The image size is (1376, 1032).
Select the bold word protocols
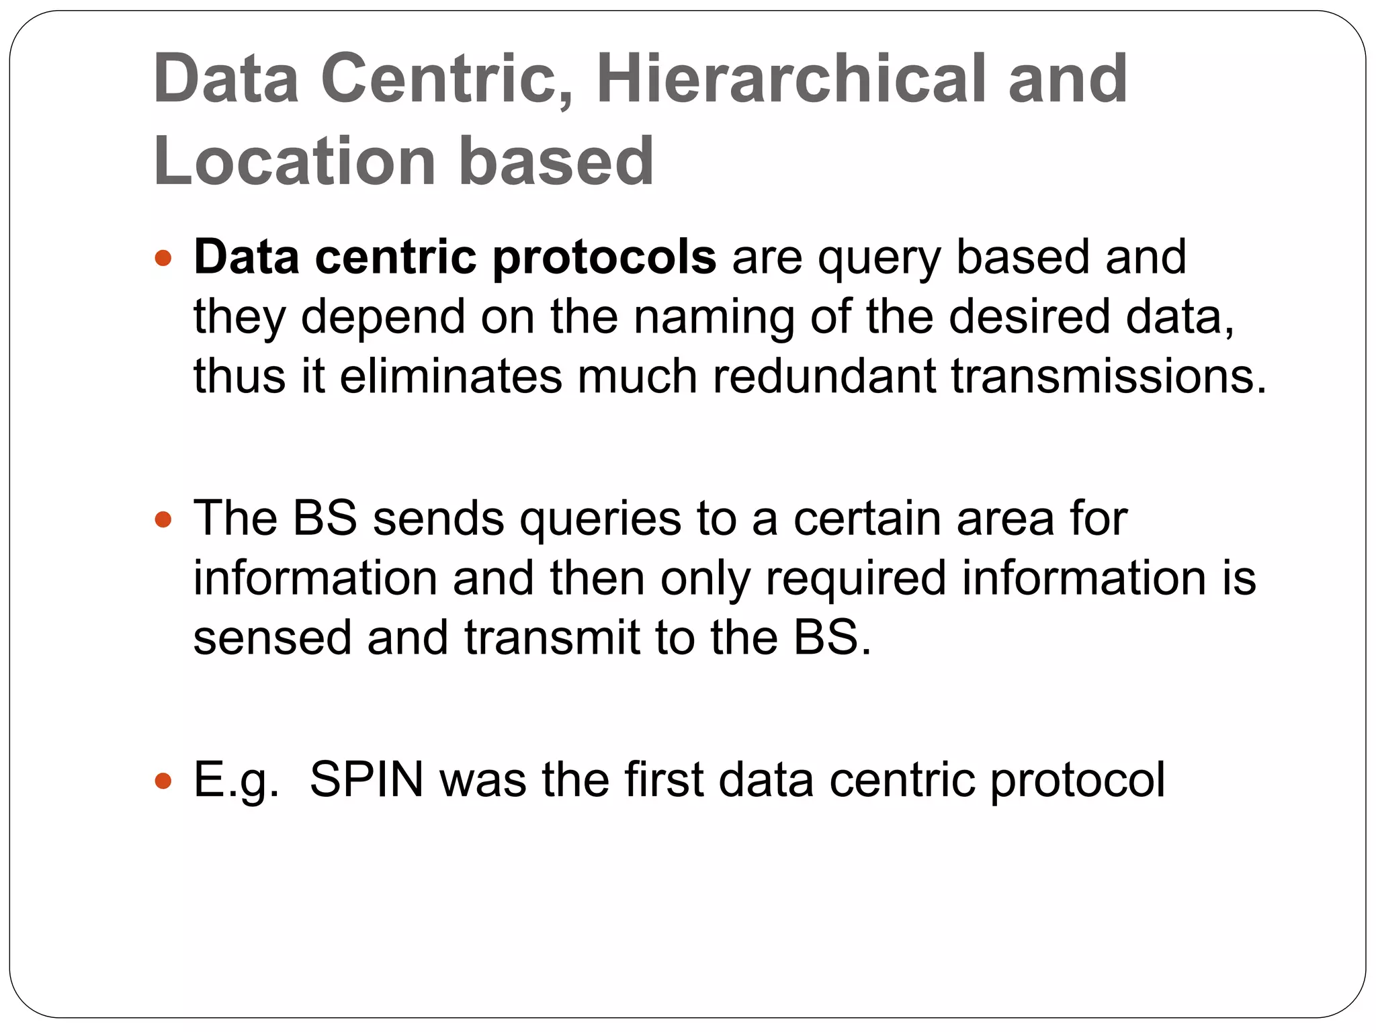pyautogui.click(x=604, y=258)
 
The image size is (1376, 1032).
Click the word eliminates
pyautogui.click(x=450, y=376)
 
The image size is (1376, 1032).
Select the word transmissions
pyautogui.click(x=1109, y=376)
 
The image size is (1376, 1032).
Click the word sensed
pyautogui.click(x=272, y=638)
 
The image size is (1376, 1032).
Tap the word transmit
pyautogui.click(x=551, y=638)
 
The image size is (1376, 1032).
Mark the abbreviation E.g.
pyautogui.click(x=236, y=781)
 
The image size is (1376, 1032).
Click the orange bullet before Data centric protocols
pyautogui.click(x=163, y=258)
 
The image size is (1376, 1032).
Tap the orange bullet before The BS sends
pyautogui.click(x=163, y=519)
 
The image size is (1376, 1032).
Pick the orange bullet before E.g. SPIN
pyautogui.click(x=163, y=781)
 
